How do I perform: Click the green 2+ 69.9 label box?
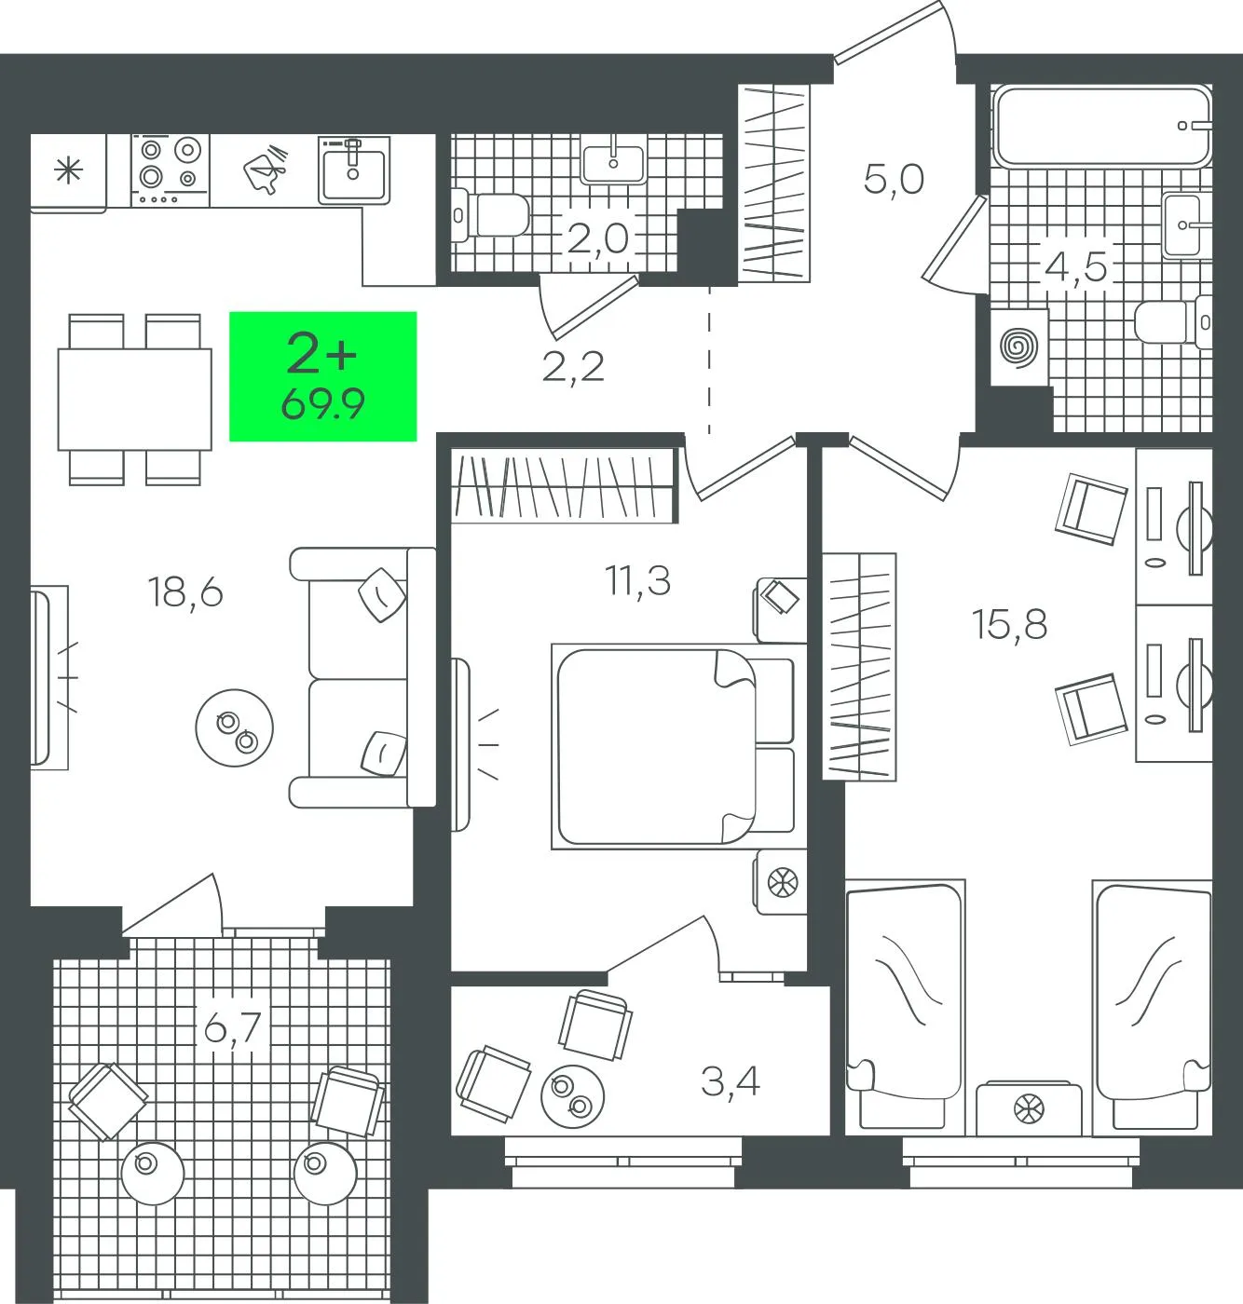322,376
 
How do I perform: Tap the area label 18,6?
185,591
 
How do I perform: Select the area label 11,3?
637,581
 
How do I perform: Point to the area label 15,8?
1009,624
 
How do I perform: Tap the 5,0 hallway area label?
894,179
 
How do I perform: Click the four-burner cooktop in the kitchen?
170,170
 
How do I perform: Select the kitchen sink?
354,170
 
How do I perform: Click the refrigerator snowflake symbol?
68,171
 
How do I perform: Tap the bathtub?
1101,126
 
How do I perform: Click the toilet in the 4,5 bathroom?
1173,321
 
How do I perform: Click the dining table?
135,400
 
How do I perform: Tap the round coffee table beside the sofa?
234,728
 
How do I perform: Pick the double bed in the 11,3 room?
673,746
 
